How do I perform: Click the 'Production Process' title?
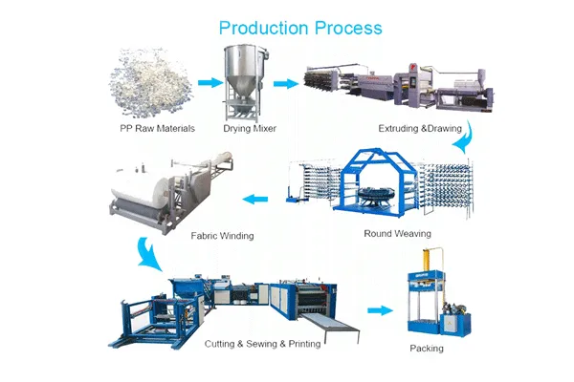(300, 28)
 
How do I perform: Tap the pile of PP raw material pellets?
(150, 83)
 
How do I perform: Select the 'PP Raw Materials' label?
(158, 129)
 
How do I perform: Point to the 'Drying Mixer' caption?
(250, 129)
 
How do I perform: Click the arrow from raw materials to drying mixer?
(210, 83)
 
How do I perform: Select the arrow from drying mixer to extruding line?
(286, 84)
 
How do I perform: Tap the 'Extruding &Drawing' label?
(420, 129)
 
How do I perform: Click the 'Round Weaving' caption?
(398, 234)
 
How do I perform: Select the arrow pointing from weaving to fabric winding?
(255, 200)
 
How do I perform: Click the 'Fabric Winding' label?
(222, 236)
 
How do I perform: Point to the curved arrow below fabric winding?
(148, 253)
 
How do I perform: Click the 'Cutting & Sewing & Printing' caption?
(262, 344)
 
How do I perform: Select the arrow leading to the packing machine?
(380, 310)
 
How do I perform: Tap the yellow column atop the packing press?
(427, 260)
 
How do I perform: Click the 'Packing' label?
(427, 349)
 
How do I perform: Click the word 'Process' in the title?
(348, 28)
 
